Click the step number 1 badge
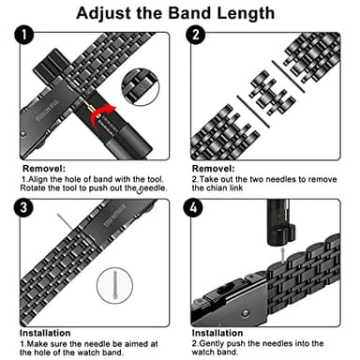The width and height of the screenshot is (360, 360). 24,35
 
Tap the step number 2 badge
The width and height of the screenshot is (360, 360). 196,35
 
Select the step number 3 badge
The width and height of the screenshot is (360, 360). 23,207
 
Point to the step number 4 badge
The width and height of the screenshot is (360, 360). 193,207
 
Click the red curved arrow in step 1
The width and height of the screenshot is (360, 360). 101,116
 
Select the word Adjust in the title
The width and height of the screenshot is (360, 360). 103,14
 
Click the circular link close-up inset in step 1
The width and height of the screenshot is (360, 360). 141,86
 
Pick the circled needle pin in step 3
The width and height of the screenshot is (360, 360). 115,285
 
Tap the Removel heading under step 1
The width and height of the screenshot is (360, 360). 44,169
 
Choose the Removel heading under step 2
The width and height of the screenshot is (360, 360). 214,169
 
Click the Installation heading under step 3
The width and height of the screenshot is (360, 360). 45,333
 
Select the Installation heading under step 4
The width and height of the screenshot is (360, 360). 217,333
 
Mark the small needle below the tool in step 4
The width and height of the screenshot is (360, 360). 283,255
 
